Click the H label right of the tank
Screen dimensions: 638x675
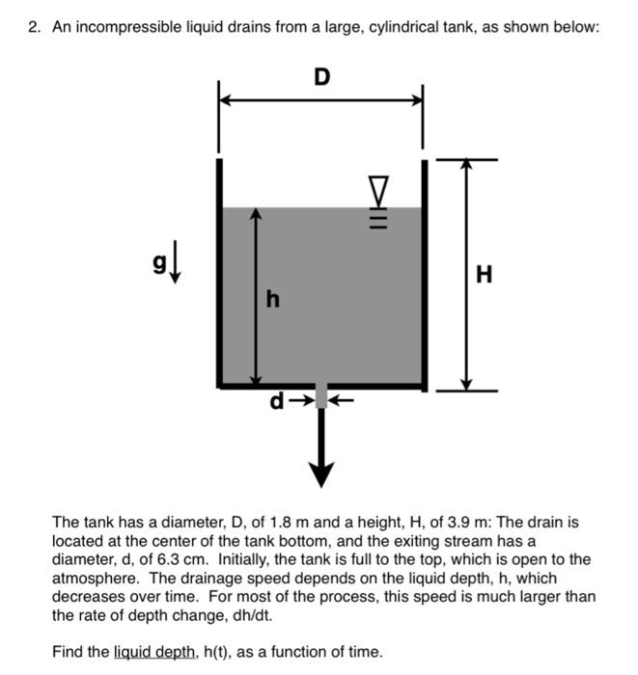click(485, 276)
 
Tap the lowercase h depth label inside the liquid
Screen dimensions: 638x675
click(273, 300)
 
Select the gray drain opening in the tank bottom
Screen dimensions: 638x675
click(321, 395)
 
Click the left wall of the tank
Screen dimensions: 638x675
click(220, 270)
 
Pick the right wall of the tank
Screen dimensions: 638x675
click(423, 270)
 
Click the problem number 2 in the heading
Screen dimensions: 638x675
click(33, 27)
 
